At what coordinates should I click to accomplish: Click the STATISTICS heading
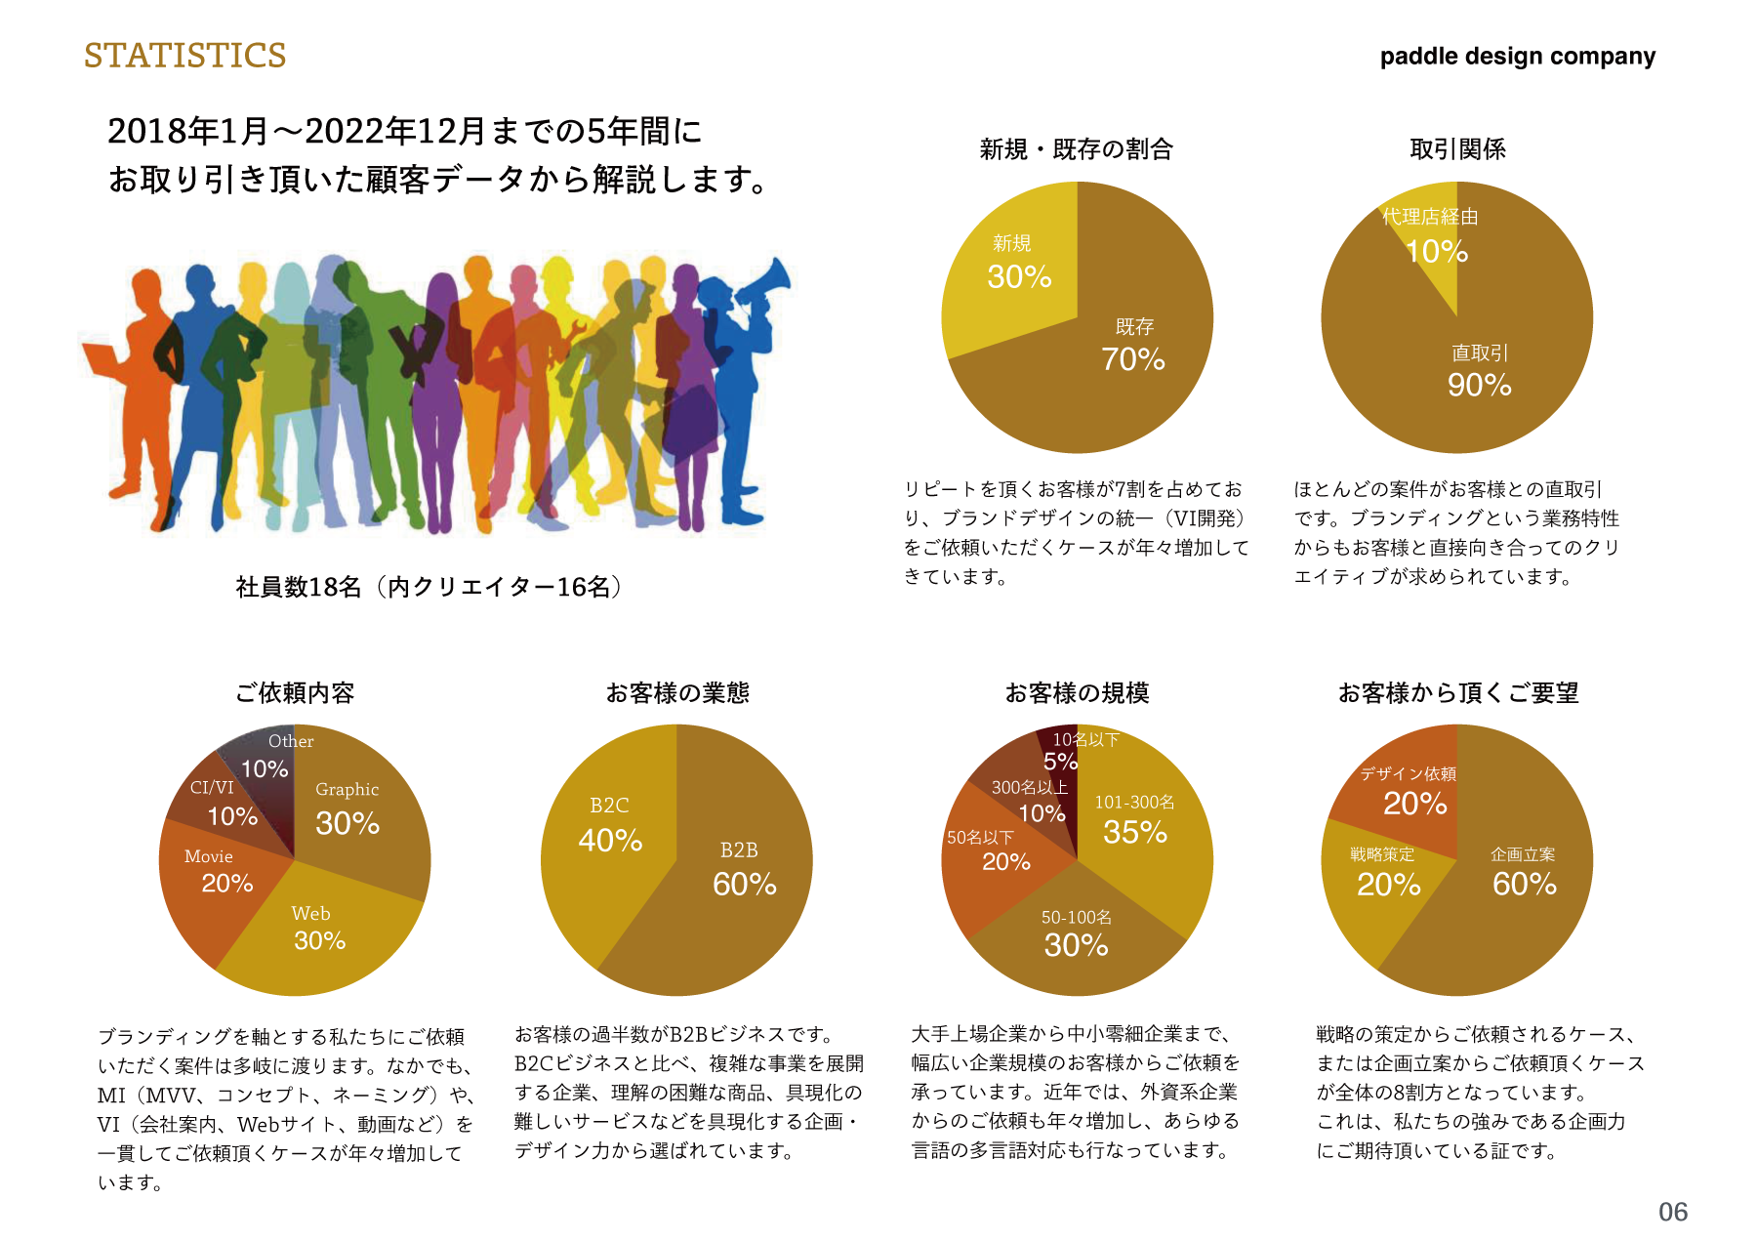(x=184, y=56)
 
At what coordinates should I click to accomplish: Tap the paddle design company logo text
(x=1517, y=57)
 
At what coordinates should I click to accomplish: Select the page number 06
(x=1672, y=1212)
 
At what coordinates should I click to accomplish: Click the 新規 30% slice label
(x=1018, y=265)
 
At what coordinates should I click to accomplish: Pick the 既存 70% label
(x=1133, y=347)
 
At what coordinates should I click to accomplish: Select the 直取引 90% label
(x=1479, y=372)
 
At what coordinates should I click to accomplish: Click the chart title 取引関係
(x=1457, y=149)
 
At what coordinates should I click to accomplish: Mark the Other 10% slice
(x=267, y=757)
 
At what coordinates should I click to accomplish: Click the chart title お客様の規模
(x=1077, y=693)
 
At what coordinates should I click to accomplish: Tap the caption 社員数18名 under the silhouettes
(x=429, y=587)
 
